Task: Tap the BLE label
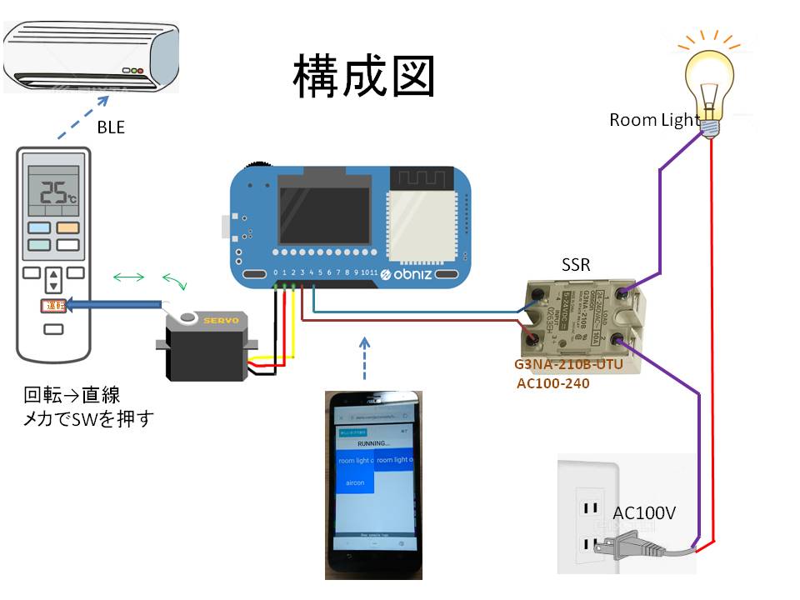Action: click(111, 127)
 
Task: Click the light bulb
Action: click(709, 78)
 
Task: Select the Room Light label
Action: click(654, 120)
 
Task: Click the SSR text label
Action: click(576, 267)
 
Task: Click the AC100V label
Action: click(644, 513)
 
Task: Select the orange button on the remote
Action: click(67, 227)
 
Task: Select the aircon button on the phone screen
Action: click(354, 481)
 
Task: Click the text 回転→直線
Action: click(72, 393)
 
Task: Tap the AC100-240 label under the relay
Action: click(557, 384)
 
